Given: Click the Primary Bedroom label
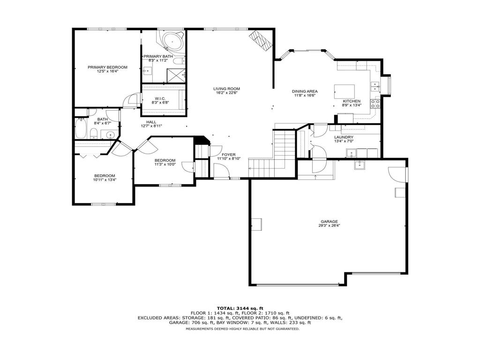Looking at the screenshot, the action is pos(107,67).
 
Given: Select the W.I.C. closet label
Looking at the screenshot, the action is pos(160,98).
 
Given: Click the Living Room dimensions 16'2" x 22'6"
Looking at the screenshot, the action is pos(226,93).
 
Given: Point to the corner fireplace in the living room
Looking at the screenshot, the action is pos(260,40).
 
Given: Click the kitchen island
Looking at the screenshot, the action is pos(345,91).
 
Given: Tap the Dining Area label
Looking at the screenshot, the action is pos(305,91).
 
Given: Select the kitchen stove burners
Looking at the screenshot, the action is pos(375,104).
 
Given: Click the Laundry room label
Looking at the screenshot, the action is pos(344,137).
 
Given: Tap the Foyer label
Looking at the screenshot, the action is pos(229,155).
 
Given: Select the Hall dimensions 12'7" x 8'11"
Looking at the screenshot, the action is pos(151,126).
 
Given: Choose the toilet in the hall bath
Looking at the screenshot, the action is pos(94,133).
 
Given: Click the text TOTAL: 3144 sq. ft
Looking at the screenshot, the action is pos(240,308).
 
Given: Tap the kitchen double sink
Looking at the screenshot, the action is pos(375,87).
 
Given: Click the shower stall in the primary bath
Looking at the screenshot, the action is pos(176,75).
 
